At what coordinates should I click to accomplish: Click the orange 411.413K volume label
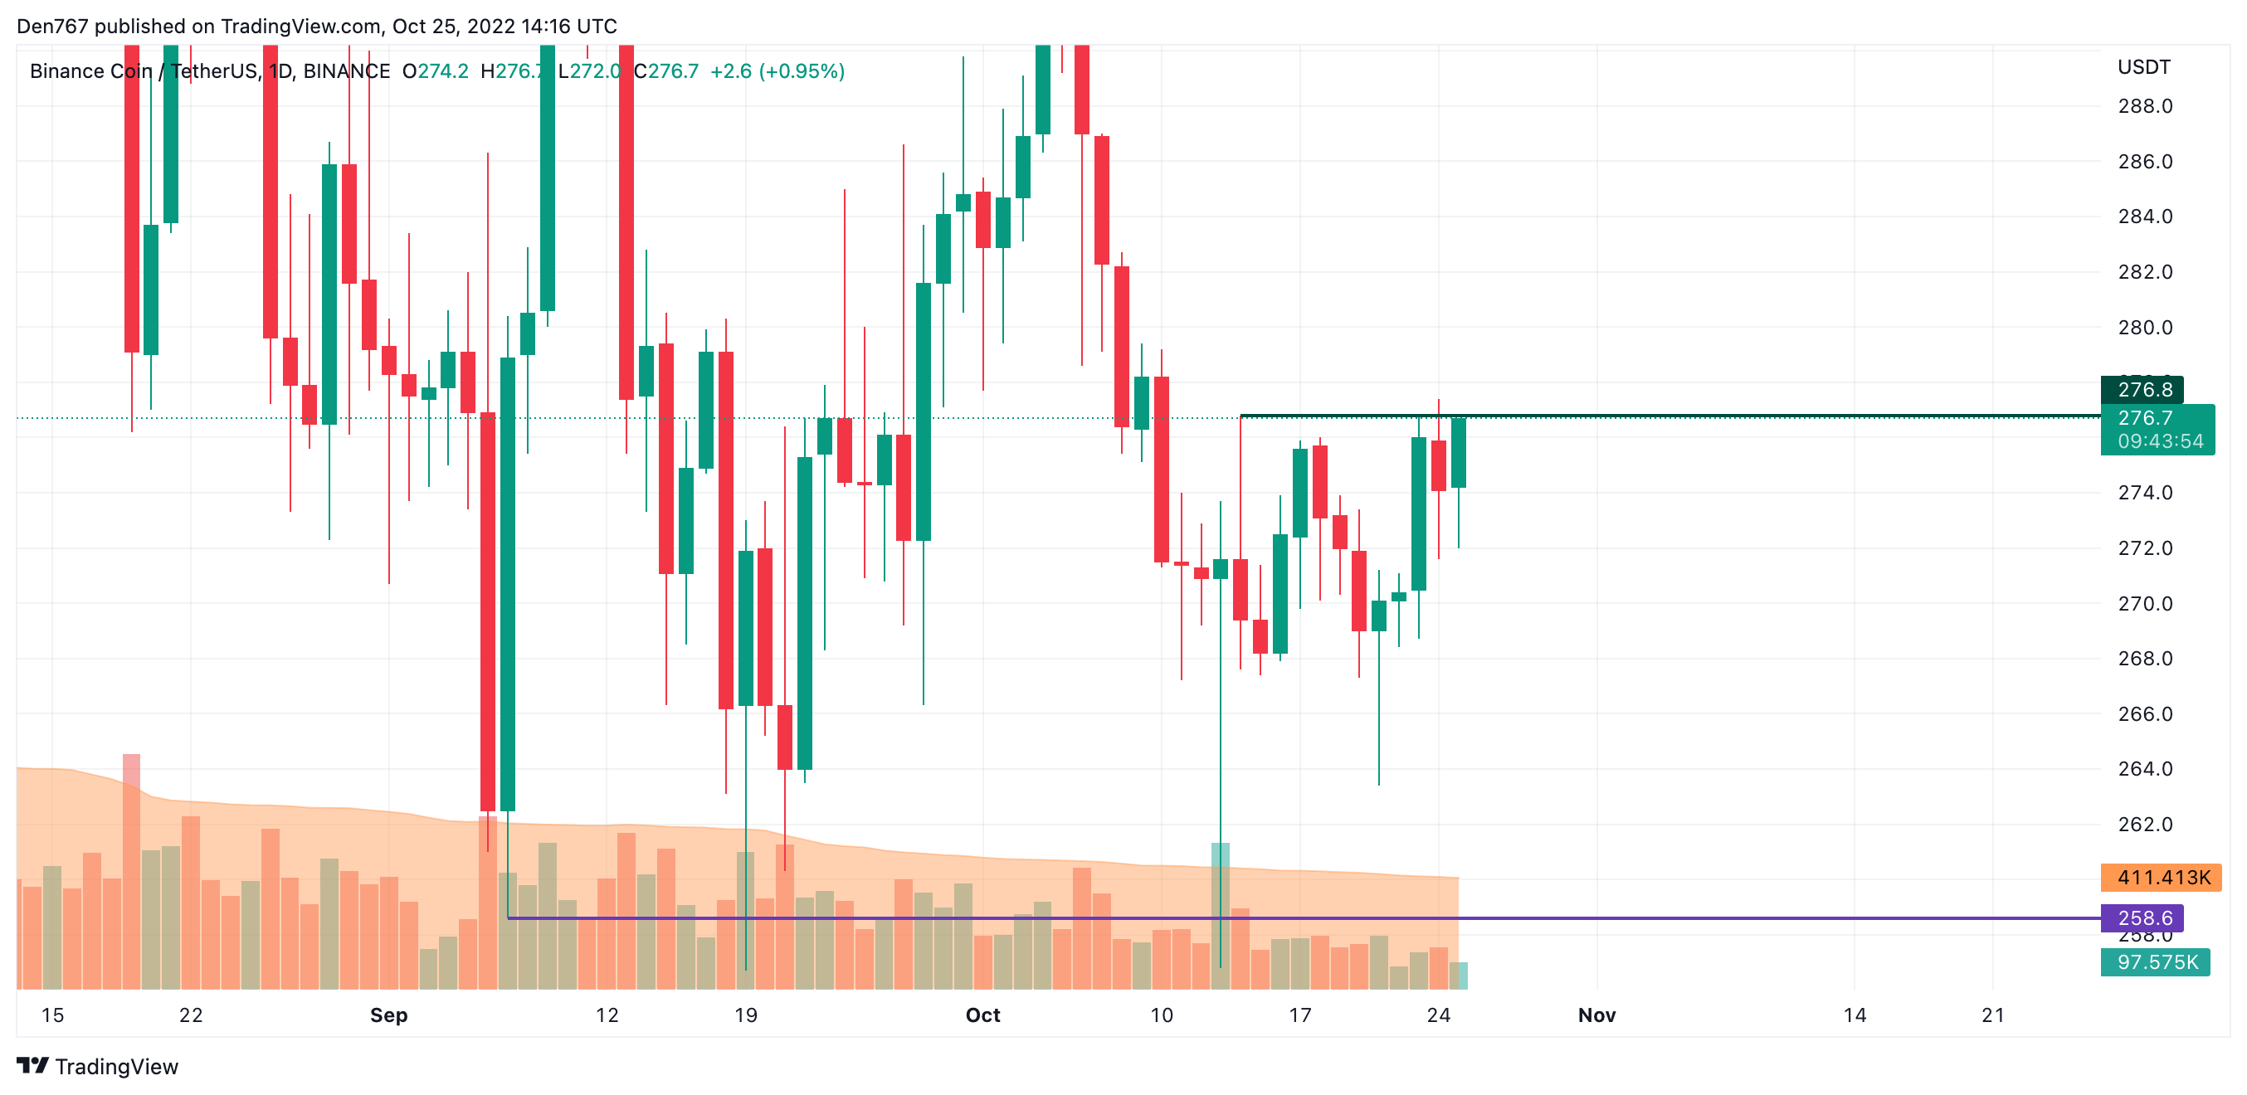[2162, 877]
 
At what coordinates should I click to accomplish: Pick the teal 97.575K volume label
[2156, 961]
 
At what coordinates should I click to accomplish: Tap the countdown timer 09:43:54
[2159, 441]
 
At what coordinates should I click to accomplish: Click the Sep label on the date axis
[388, 1015]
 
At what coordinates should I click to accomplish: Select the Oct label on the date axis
[982, 1015]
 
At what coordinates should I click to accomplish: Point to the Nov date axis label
[1596, 1015]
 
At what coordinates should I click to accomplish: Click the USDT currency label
[2143, 67]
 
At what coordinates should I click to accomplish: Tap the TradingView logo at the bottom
[98, 1066]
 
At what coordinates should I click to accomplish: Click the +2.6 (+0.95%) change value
[777, 71]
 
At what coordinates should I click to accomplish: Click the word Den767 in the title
[52, 27]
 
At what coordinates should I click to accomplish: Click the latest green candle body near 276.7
[1459, 453]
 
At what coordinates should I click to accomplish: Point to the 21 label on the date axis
[1992, 1015]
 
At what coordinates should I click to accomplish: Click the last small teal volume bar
[1459, 976]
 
